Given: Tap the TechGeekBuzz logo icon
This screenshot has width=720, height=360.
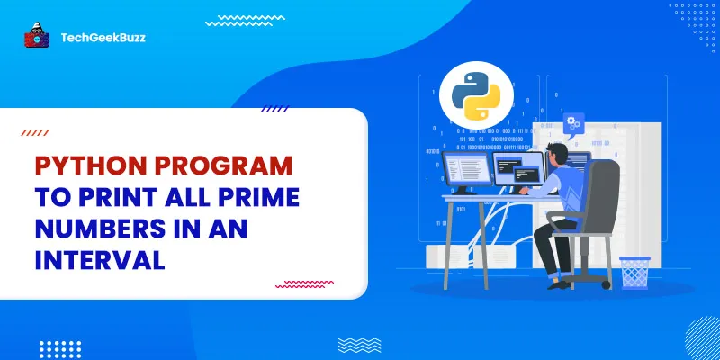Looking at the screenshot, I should click(36, 36).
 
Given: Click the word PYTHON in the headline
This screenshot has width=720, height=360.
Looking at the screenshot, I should click(88, 167).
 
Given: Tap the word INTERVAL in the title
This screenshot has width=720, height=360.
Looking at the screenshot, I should click(100, 261).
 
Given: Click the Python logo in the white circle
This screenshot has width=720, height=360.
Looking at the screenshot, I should click(470, 97).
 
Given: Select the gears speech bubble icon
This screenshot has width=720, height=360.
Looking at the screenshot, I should click(572, 121).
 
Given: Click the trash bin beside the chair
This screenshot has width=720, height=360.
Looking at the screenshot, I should click(634, 272).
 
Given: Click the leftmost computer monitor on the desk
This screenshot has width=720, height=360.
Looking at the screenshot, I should click(467, 170).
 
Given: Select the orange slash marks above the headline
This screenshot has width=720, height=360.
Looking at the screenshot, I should click(35, 132).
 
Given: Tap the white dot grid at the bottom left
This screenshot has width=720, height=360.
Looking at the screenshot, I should click(60, 348).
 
